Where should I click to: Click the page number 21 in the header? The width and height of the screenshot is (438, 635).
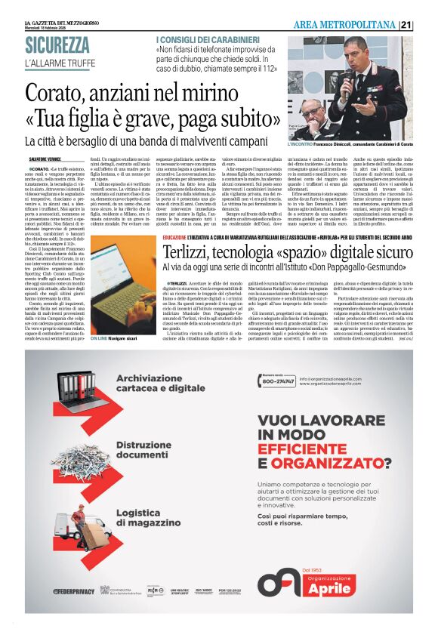coord(427,25)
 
